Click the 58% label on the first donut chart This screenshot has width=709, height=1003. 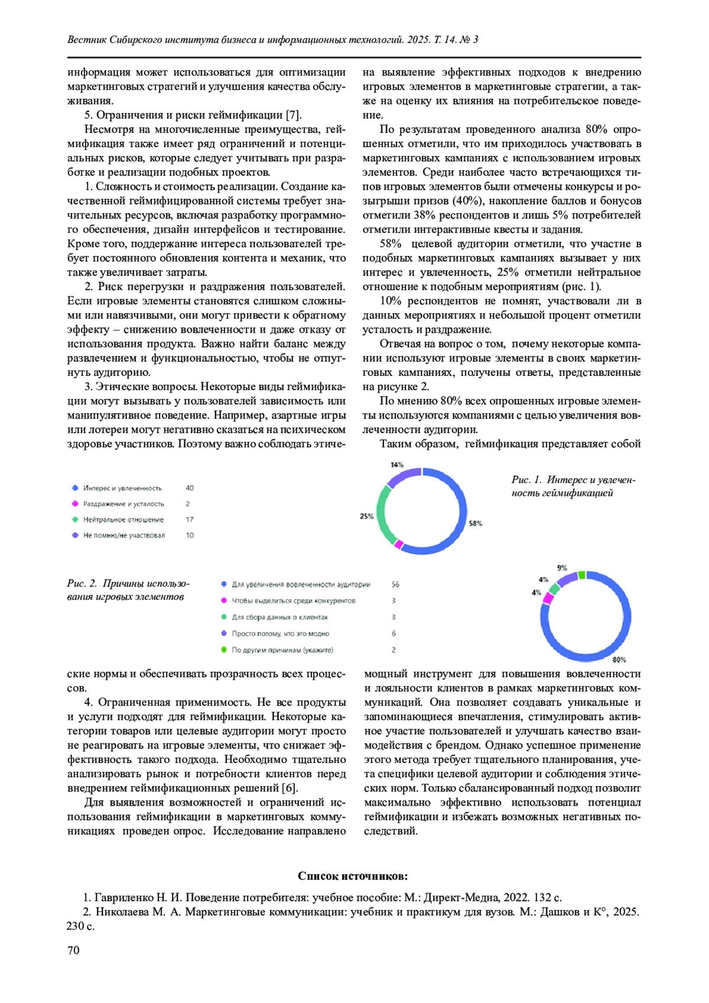(x=476, y=523)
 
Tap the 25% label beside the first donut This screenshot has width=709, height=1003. (x=366, y=516)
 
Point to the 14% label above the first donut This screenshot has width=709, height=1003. (x=397, y=465)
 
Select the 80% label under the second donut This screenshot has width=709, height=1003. (x=619, y=660)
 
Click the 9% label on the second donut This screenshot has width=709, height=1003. (x=562, y=568)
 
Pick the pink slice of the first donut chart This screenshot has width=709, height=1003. (x=399, y=544)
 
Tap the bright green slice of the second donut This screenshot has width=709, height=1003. (x=582, y=575)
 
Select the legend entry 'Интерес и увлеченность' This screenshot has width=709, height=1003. (x=122, y=488)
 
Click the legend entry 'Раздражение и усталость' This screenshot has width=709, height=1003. (x=123, y=504)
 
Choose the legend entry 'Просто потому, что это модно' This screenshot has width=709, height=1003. (x=280, y=634)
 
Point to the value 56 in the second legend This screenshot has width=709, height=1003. (x=395, y=585)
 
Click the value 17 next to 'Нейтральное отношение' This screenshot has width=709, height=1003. (x=190, y=520)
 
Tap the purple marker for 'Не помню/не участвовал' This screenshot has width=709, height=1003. (x=75, y=535)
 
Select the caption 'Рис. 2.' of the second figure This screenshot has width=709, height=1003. (x=82, y=584)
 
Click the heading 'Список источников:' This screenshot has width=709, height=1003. (x=353, y=876)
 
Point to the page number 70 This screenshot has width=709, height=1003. (x=73, y=950)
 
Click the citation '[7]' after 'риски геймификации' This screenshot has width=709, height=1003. (x=294, y=115)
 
